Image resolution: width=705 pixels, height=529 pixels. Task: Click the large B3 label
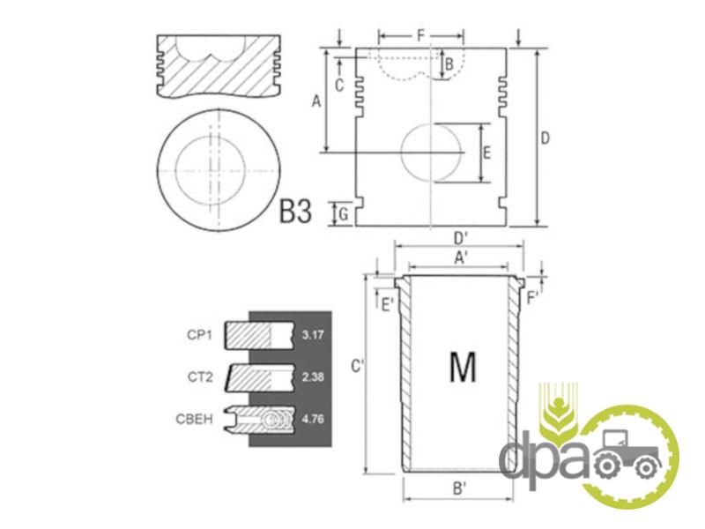tap(295, 211)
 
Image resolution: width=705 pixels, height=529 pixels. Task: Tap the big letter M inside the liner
tap(463, 367)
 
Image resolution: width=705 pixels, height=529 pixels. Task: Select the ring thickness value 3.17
tap(313, 335)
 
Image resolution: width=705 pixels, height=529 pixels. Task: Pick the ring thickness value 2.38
tap(313, 377)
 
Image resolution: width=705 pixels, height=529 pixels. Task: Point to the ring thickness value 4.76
tap(313, 420)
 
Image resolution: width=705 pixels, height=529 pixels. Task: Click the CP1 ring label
tap(200, 335)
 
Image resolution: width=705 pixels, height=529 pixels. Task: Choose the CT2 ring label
tap(200, 377)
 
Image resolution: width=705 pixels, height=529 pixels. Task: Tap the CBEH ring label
tap(194, 420)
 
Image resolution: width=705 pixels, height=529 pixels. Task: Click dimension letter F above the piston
tap(421, 35)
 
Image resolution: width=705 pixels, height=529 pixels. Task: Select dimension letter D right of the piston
tap(545, 138)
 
